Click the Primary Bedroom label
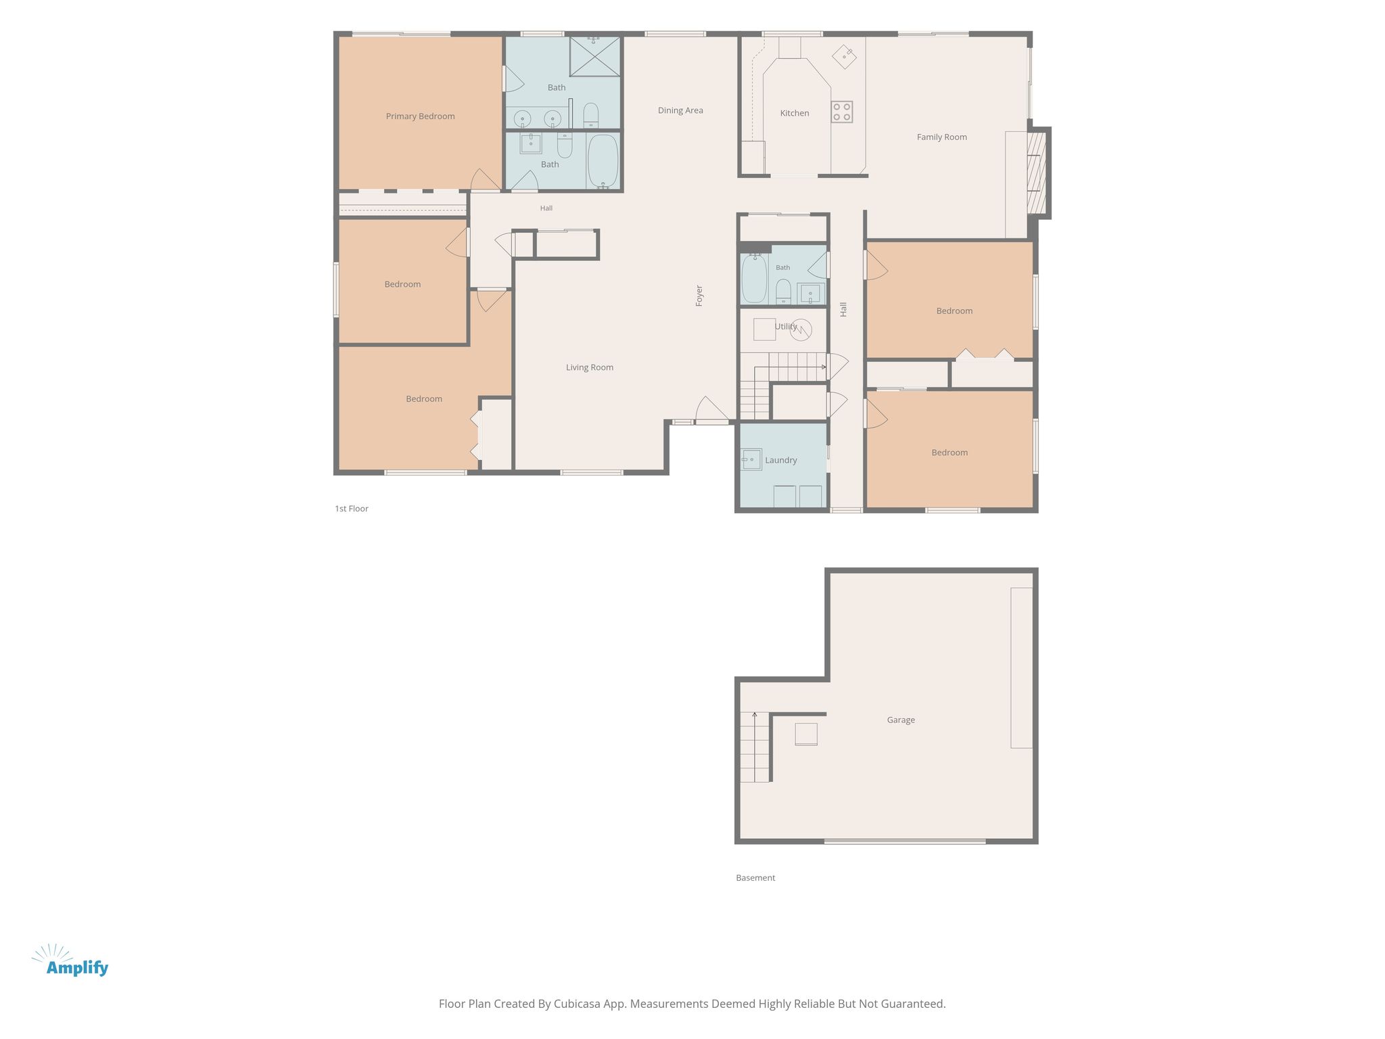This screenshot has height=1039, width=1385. pyautogui.click(x=420, y=116)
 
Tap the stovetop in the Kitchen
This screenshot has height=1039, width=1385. pyautogui.click(x=842, y=112)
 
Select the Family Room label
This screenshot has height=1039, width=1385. pyautogui.click(x=941, y=137)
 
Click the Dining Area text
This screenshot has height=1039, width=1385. pyautogui.click(x=680, y=110)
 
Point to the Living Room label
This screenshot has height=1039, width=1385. pyautogui.click(x=590, y=367)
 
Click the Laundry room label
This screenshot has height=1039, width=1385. pyautogui.click(x=781, y=460)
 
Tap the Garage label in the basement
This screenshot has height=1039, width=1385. pyautogui.click(x=901, y=720)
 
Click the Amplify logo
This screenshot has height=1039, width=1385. pyautogui.click(x=70, y=961)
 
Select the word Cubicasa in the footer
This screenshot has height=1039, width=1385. pyautogui.click(x=578, y=1004)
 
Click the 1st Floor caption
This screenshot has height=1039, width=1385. pyautogui.click(x=352, y=509)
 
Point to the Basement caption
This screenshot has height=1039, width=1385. pyautogui.click(x=755, y=878)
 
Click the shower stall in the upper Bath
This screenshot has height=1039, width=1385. pyautogui.click(x=594, y=56)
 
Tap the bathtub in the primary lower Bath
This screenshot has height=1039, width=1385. pyautogui.click(x=603, y=162)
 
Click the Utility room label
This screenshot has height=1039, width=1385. pyautogui.click(x=786, y=327)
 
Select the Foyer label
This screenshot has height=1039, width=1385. pyautogui.click(x=699, y=296)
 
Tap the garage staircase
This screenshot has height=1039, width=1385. pyautogui.click(x=755, y=747)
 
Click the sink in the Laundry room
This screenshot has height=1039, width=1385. pyautogui.click(x=751, y=459)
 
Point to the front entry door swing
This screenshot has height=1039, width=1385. pyautogui.click(x=711, y=409)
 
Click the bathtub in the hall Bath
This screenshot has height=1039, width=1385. pyautogui.click(x=754, y=279)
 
